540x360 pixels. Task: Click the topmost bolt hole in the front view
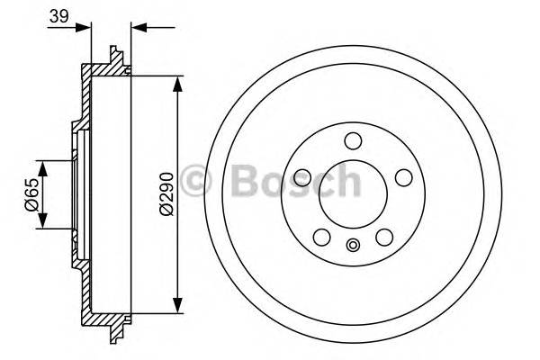(353, 140)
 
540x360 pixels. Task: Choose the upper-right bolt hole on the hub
(405, 176)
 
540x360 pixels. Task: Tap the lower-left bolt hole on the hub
(320, 238)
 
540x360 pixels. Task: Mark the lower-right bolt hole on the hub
(385, 238)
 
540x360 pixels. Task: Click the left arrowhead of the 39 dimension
(87, 26)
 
